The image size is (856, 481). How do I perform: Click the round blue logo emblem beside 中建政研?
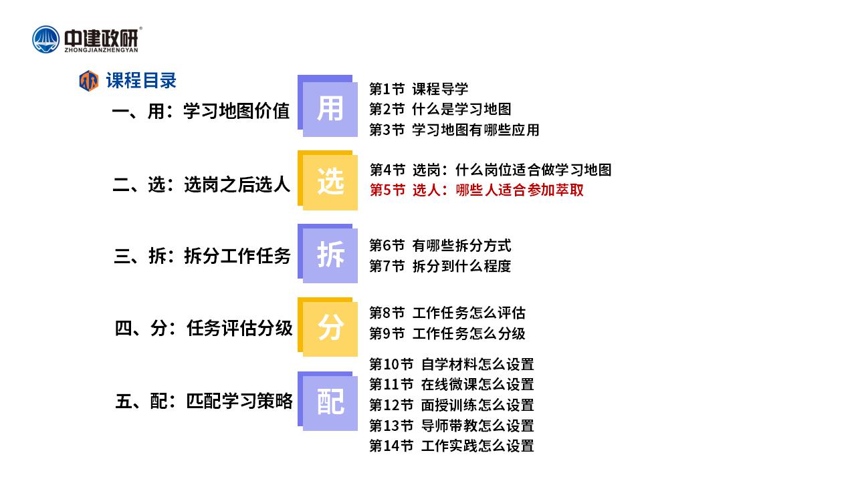(x=46, y=39)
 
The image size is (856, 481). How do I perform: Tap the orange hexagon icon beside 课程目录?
(x=89, y=81)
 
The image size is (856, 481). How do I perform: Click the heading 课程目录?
(x=141, y=81)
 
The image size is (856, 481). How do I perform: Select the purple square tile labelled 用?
(x=328, y=106)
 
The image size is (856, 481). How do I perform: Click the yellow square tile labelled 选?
(x=328, y=180)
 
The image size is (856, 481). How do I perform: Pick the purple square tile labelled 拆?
(x=328, y=254)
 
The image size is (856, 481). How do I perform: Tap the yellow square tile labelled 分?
(x=328, y=327)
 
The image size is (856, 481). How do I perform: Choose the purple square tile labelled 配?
(x=328, y=402)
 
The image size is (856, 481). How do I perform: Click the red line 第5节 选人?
(x=477, y=190)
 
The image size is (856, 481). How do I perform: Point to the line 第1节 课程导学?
(x=419, y=89)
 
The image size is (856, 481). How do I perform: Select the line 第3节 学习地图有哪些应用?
(x=454, y=130)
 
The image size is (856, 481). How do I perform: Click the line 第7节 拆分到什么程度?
(x=440, y=266)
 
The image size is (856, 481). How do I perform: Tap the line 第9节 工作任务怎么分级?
(x=447, y=333)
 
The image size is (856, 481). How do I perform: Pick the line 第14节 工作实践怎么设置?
(x=451, y=446)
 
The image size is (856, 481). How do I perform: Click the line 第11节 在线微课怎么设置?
(x=451, y=384)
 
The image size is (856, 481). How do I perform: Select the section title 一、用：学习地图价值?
(x=201, y=111)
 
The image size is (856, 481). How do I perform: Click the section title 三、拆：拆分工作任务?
(x=203, y=256)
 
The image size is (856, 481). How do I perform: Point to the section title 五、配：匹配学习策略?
(x=204, y=402)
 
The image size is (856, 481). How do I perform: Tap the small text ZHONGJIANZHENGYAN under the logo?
(x=101, y=50)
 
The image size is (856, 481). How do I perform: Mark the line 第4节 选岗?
(x=491, y=170)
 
